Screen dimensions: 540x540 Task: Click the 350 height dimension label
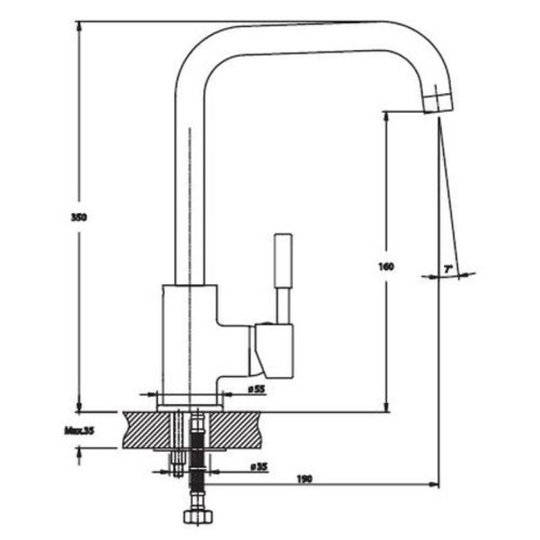pos(80,217)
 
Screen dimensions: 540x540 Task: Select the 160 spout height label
pos(386,266)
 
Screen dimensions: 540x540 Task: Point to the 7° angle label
pos(448,269)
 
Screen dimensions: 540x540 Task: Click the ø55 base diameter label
pos(256,389)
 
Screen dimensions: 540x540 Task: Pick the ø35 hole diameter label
pos(256,466)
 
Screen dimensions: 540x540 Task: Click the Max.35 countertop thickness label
pos(78,430)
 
